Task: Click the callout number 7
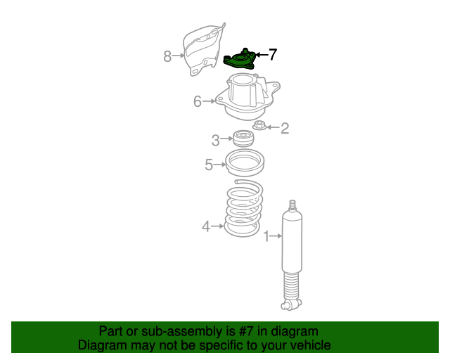tap(273, 54)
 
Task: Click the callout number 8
tap(167, 56)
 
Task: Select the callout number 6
tap(198, 102)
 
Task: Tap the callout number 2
tap(284, 129)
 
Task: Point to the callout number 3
tap(216, 141)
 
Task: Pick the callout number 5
tap(209, 165)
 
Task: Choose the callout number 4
tap(206, 226)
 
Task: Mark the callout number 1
tap(266, 236)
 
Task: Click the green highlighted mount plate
tap(239, 59)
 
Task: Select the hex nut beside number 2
tap(259, 125)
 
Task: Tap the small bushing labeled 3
tap(243, 139)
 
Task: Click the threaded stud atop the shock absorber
tap(292, 206)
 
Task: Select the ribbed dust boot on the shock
tap(292, 286)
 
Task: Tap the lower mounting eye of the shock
tap(291, 304)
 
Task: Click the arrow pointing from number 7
tap(261, 55)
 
